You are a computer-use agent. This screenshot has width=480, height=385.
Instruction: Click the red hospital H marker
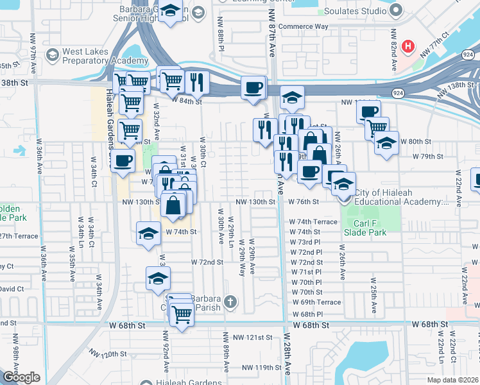point(407,46)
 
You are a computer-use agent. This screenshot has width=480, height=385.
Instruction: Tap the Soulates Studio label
point(357,10)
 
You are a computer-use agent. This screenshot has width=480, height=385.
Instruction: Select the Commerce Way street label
point(305,27)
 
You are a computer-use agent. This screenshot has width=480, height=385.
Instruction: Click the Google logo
point(21,377)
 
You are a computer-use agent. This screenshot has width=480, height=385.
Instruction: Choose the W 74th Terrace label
point(313,221)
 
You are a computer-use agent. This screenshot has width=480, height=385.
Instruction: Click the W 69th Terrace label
point(316,302)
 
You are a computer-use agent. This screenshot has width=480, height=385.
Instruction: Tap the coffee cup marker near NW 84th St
point(252,87)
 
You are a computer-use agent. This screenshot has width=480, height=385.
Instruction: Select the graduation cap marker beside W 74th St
point(148,232)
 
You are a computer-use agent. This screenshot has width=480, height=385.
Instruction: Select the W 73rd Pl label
point(305,242)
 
